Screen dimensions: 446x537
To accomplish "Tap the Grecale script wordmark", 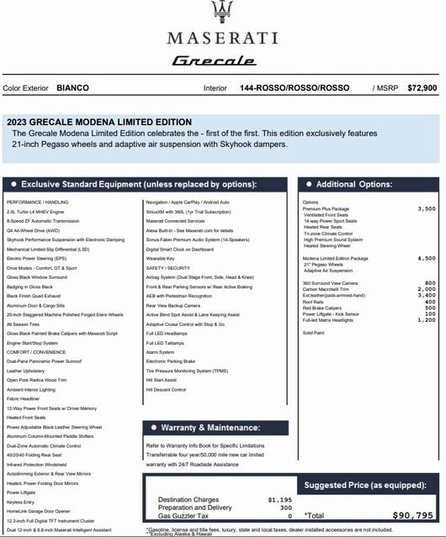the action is (x=221, y=61).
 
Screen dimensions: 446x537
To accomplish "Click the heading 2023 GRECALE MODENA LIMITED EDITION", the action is (x=102, y=122).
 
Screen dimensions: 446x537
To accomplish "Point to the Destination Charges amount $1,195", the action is (x=279, y=500).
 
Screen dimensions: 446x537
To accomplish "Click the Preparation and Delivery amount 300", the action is (x=285, y=508).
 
